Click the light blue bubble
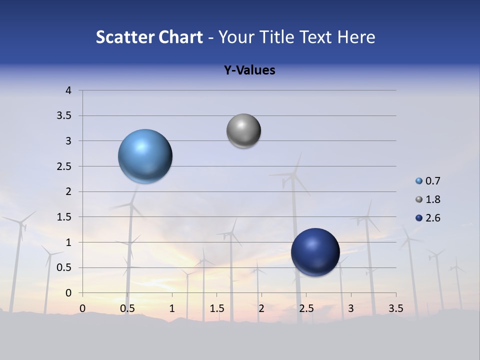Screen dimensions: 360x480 [145, 156]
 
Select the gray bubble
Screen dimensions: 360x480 [243, 131]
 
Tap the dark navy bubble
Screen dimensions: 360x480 [315, 252]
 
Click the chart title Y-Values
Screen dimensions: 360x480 [249, 70]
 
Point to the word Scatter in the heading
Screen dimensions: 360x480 [124, 37]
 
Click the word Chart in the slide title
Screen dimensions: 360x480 [179, 37]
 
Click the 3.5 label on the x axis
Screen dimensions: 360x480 [396, 308]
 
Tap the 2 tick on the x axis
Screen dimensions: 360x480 [261, 308]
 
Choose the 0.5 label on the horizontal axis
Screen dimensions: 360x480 [127, 308]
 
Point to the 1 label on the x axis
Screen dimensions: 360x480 [172, 308]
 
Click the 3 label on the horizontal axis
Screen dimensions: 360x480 [351, 308]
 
